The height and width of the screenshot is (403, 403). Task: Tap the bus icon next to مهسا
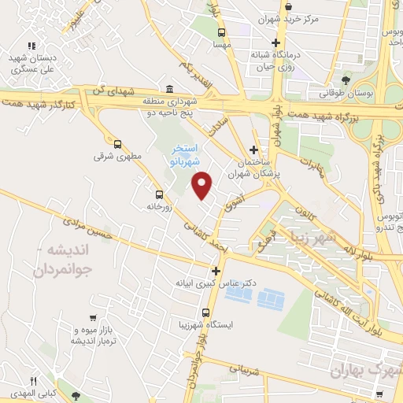point(220,32)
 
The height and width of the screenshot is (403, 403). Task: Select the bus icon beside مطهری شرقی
point(118,144)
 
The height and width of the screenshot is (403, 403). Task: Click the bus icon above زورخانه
point(160,194)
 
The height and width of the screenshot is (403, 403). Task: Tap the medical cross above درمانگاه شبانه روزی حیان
point(275,43)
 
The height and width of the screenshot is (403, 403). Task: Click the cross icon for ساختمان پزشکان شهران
point(253,149)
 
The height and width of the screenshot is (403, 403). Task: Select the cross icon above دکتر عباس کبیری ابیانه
point(216,272)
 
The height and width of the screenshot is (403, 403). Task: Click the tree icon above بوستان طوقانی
point(347,80)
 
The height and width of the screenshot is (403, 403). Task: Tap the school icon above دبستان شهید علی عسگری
point(31,46)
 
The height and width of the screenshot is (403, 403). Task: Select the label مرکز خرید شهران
point(292,18)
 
